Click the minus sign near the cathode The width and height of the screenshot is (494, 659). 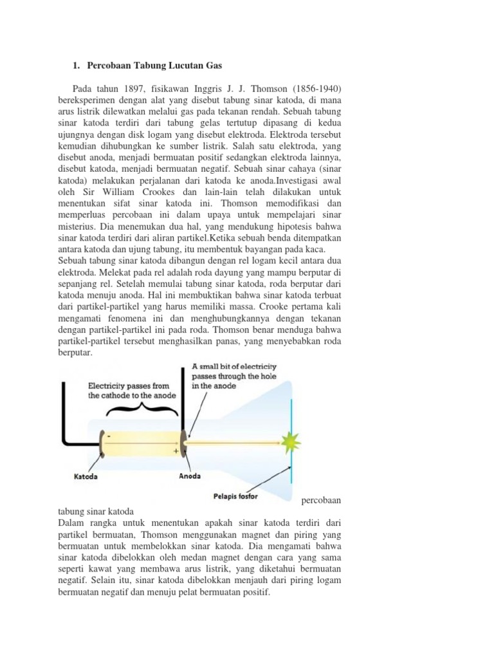pos(109,435)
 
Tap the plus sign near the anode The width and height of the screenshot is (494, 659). pos(174,452)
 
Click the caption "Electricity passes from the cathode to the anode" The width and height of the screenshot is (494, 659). pos(132,391)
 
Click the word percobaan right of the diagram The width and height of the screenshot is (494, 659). pos(321,499)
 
